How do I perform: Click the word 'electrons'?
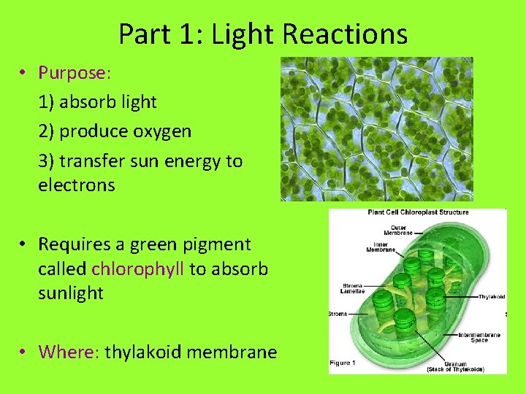click(x=77, y=185)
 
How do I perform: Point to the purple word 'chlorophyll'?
click(x=138, y=269)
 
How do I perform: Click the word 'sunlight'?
click(x=71, y=293)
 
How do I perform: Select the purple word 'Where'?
click(x=67, y=352)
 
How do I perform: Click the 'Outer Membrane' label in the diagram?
click(x=398, y=230)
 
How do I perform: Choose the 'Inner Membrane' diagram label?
click(x=381, y=247)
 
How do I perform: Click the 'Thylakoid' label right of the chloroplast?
click(x=491, y=297)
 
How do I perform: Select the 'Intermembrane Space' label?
click(x=479, y=337)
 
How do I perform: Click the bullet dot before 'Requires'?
click(x=24, y=244)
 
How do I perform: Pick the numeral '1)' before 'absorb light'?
click(x=47, y=102)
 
